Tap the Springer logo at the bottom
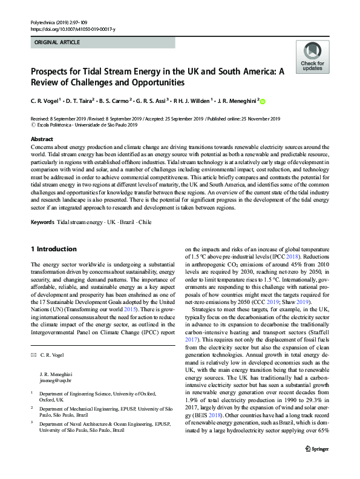[316, 465]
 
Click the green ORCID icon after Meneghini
[263, 102]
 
